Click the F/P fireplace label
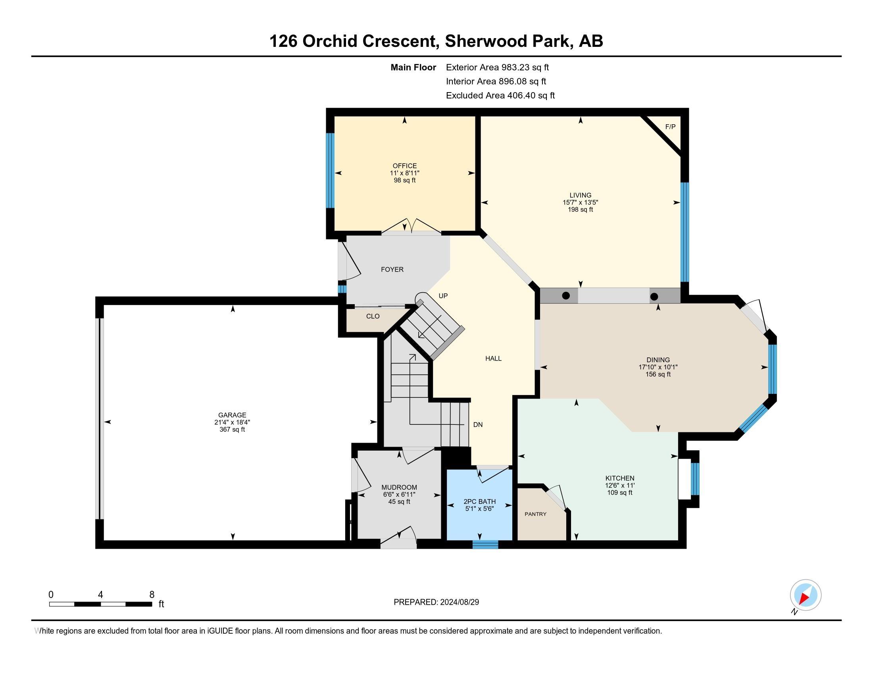[670, 127]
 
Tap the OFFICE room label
[404, 166]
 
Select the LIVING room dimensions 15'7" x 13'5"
[581, 202]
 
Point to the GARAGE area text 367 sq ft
[232, 430]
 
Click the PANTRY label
[536, 514]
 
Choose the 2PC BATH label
[480, 501]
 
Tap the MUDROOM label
[399, 487]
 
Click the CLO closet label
[373, 316]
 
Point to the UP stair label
[443, 296]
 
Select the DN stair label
[478, 425]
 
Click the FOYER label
[392, 270]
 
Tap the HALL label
[494, 358]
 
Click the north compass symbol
[806, 596]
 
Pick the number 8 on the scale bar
[152, 595]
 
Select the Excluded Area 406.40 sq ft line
[500, 96]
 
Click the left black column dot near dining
[566, 295]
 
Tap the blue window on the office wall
[330, 171]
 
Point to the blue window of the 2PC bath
[485, 544]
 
